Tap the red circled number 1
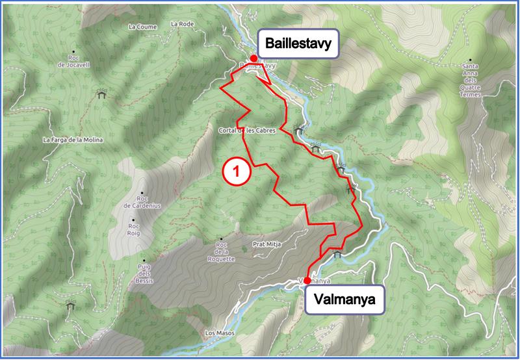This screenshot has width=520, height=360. coord(236,171)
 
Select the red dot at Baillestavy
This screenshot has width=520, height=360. coord(253,58)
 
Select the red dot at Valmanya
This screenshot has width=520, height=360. coord(307,281)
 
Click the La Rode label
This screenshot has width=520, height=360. coord(183,23)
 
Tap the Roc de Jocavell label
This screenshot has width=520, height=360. coord(72,61)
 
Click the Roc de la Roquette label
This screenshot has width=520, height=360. coord(221,251)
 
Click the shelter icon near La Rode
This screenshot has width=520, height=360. coord(101,94)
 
